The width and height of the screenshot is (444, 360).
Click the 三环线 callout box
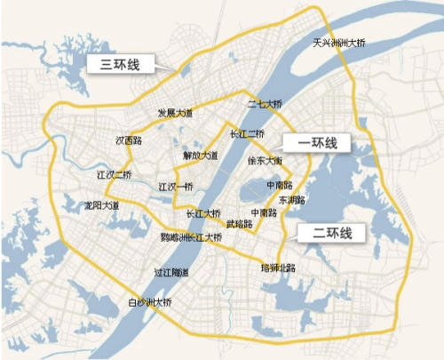click(x=119, y=64)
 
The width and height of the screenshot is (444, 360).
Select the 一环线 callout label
click(x=314, y=143)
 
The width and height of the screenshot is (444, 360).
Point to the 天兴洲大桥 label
click(x=339, y=43)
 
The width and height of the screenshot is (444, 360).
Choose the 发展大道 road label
click(x=175, y=113)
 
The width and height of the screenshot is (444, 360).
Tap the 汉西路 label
click(x=130, y=140)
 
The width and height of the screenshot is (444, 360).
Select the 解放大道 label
click(x=200, y=155)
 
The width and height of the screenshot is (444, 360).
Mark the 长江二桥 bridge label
click(x=247, y=134)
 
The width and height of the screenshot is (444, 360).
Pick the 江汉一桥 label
click(x=175, y=187)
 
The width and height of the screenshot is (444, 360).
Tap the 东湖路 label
click(x=290, y=200)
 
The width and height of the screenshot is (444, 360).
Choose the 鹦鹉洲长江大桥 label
click(x=190, y=237)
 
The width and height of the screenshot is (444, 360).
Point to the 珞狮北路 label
click(x=277, y=267)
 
